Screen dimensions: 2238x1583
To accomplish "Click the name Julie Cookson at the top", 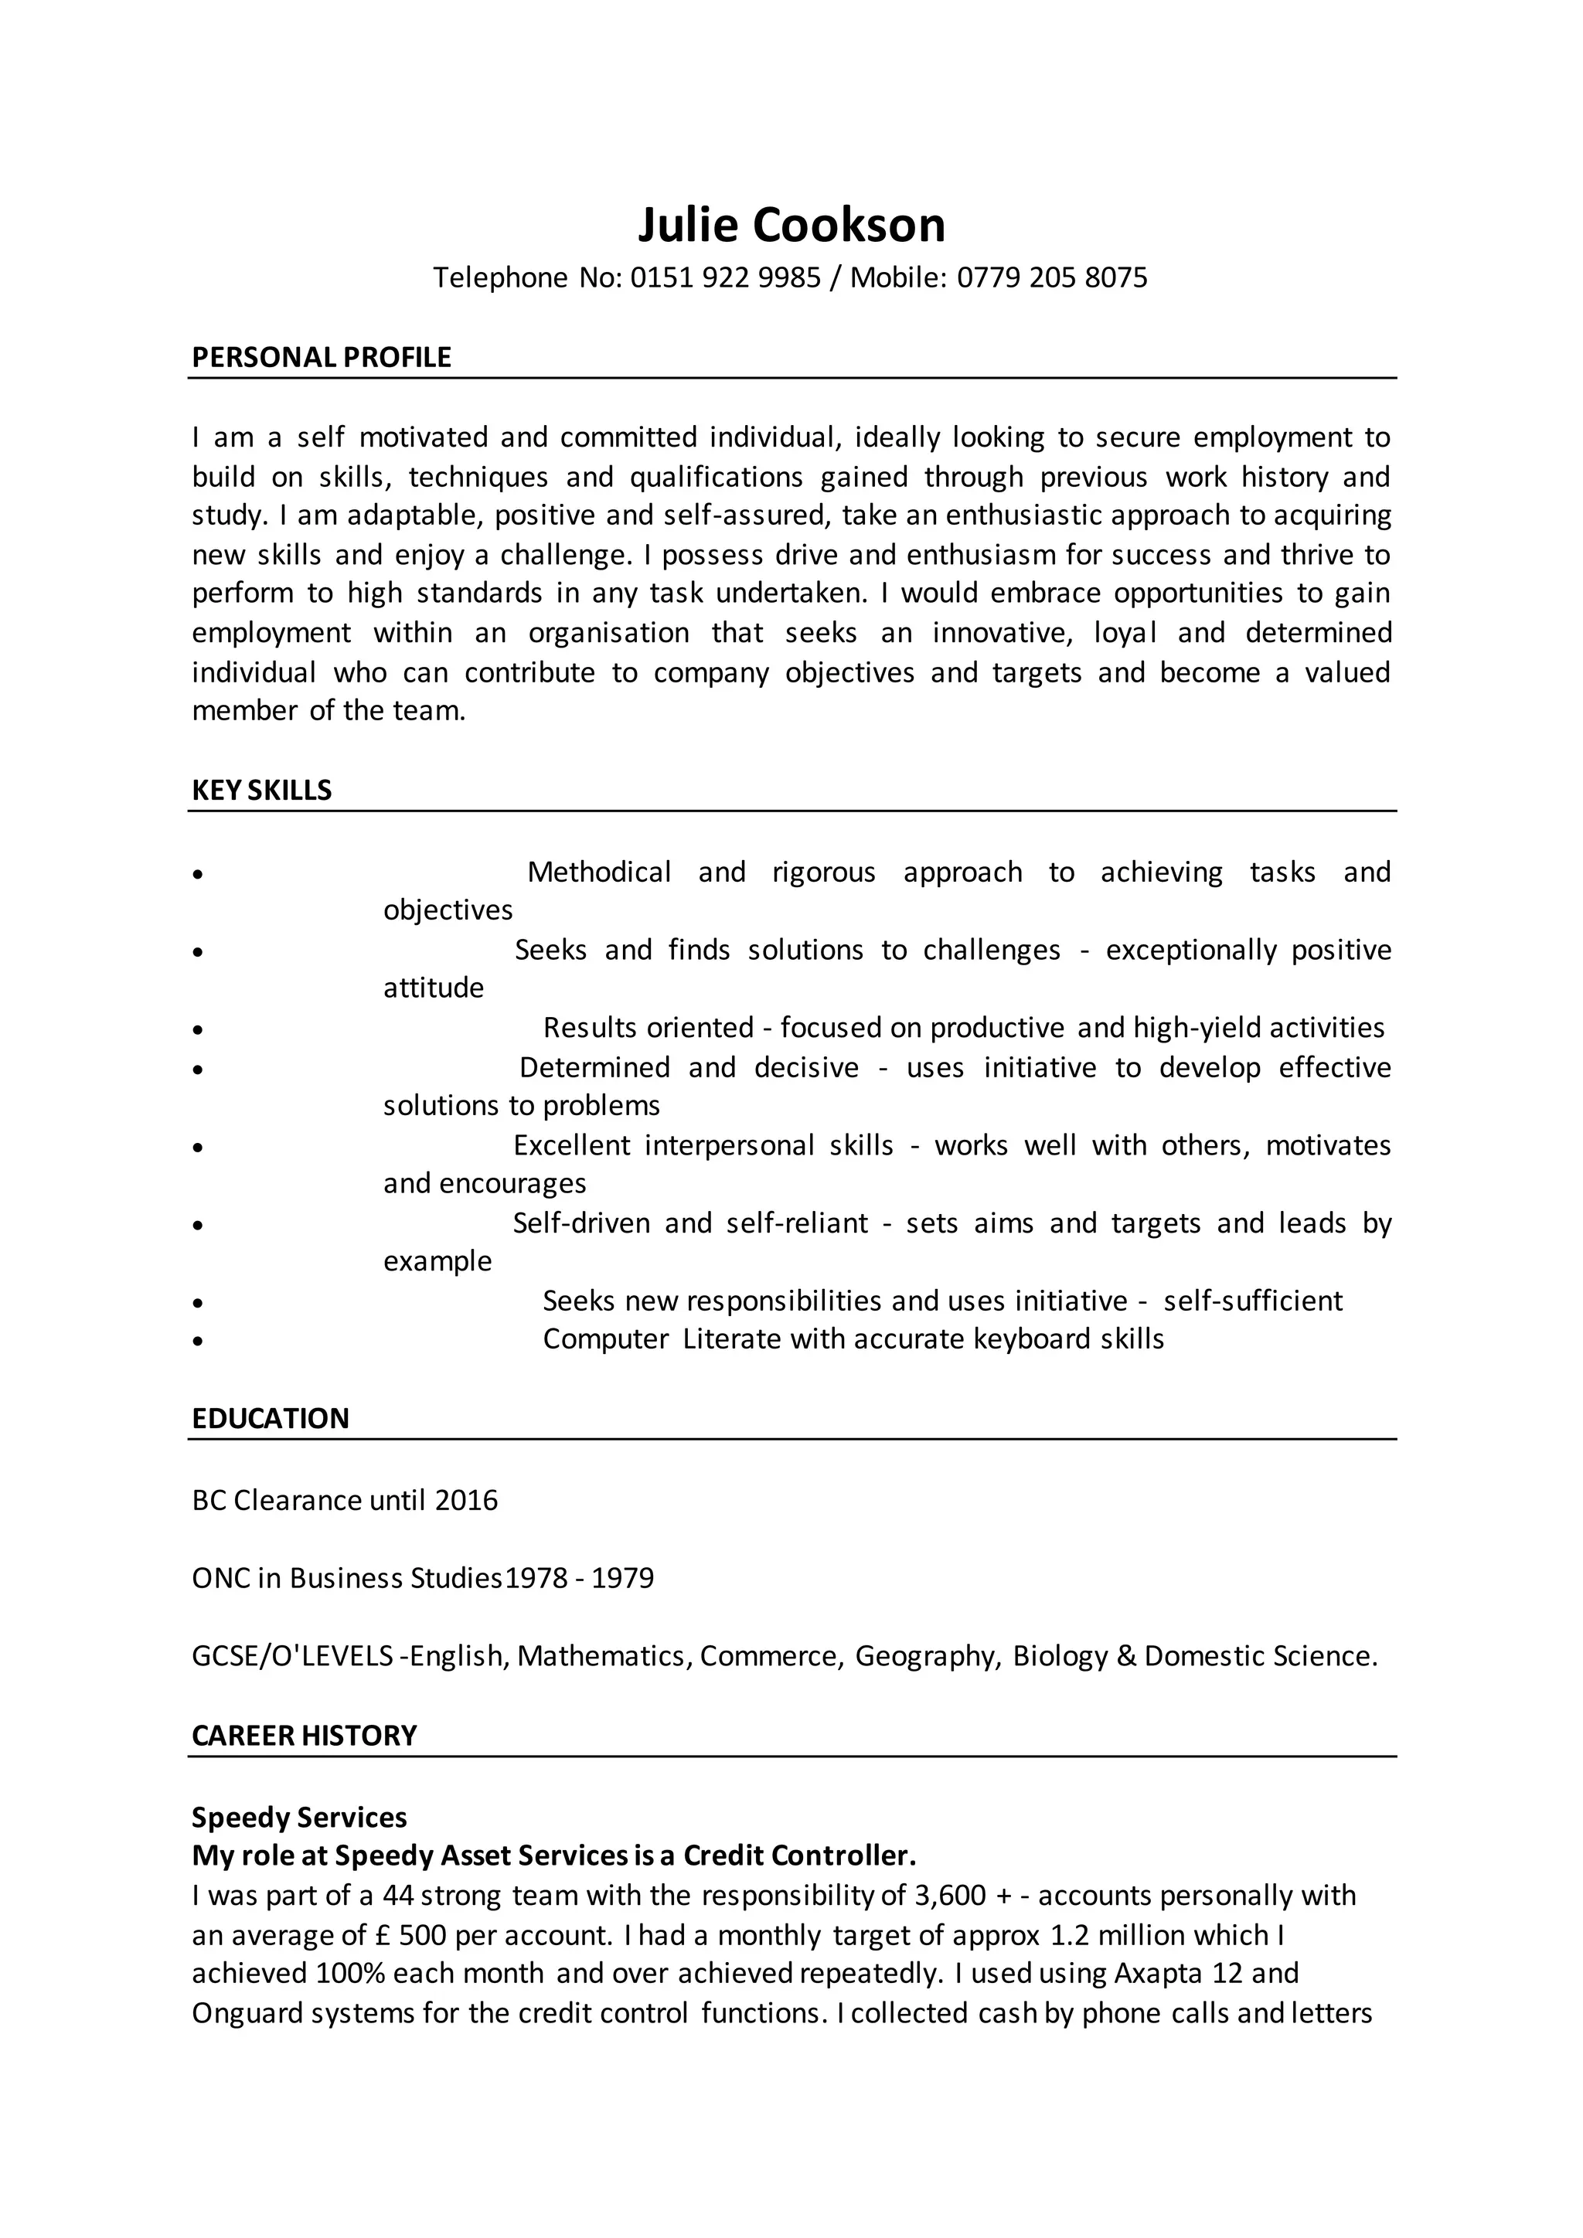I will click(791, 225).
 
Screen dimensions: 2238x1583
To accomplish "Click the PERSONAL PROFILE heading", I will click(321, 358).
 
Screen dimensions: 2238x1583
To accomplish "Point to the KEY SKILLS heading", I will click(261, 791).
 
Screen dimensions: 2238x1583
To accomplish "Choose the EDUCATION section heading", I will click(270, 1418).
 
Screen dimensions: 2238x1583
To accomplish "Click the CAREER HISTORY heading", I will click(304, 1736).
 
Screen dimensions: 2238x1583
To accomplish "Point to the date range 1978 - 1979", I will click(580, 1578).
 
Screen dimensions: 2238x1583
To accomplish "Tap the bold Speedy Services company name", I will click(299, 1817).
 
